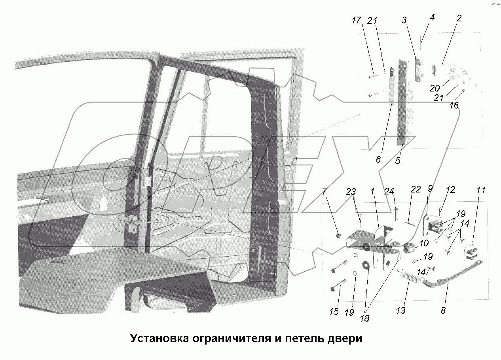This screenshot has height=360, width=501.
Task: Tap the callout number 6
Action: coord(378,160)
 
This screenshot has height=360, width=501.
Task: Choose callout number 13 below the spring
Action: coord(400,310)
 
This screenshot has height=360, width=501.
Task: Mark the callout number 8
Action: coord(443,310)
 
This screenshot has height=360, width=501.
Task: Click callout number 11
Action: coord(480,190)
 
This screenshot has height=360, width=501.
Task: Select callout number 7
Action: coord(325,192)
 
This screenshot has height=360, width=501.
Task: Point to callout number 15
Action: coord(334,311)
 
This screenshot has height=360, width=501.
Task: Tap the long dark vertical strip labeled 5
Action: coord(402,103)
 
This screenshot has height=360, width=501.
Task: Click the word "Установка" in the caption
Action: coord(158,339)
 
